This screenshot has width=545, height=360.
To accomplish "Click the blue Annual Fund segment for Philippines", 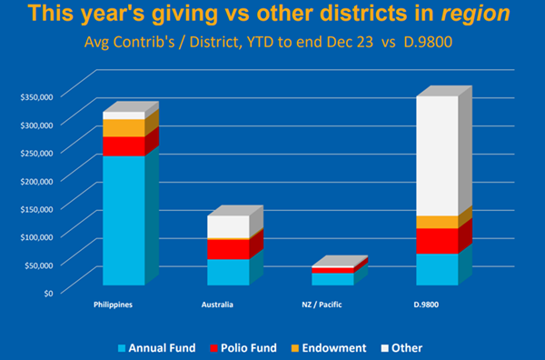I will click(x=124, y=220).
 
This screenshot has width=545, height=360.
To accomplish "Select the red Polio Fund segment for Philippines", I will click(x=124, y=146).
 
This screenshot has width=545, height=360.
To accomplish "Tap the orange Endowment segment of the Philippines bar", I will click(x=124, y=127).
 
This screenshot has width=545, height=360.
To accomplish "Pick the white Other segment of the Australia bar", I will click(x=228, y=226).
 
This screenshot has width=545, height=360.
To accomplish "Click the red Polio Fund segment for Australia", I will click(x=228, y=249).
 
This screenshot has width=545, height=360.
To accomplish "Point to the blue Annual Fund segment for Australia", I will click(x=228, y=272).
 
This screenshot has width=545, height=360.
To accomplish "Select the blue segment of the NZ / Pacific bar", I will click(x=332, y=279).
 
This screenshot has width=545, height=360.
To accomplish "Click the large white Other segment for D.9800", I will click(x=437, y=155).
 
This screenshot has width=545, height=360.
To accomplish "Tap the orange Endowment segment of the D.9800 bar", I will click(x=437, y=222).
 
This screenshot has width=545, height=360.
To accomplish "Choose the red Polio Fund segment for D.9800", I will click(x=437, y=241).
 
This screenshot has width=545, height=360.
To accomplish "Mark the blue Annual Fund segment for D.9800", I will click(x=437, y=269).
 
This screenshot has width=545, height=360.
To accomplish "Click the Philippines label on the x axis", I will click(x=114, y=305).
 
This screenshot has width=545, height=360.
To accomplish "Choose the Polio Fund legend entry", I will click(x=250, y=347).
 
